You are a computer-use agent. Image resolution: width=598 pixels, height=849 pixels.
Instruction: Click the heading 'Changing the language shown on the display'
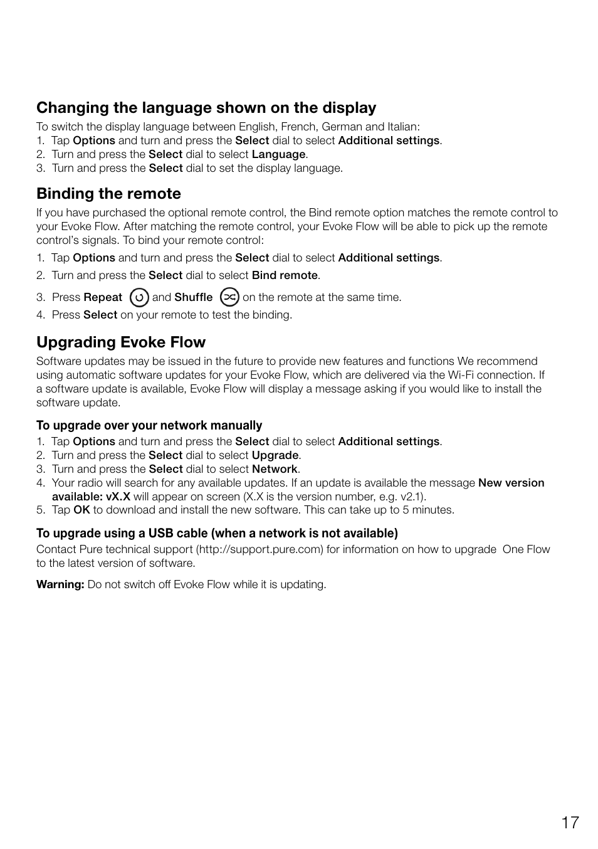(206, 108)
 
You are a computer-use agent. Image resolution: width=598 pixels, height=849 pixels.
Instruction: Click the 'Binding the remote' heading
(108, 194)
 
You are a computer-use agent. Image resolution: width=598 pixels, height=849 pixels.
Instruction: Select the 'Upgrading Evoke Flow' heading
(121, 342)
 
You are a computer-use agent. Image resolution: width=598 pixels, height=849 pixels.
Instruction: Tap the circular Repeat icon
(139, 297)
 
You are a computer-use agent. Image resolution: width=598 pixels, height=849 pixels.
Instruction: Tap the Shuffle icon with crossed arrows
(230, 297)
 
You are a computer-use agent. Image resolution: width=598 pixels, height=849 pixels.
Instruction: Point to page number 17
(570, 823)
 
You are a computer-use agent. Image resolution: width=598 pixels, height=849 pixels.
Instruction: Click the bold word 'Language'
(278, 154)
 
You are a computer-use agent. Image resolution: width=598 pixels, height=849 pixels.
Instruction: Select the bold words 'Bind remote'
(285, 275)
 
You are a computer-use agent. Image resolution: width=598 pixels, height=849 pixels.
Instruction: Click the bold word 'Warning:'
(60, 584)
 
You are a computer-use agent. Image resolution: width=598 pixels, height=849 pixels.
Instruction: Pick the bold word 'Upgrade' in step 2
(275, 455)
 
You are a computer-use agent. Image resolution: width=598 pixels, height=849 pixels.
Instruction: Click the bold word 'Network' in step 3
(275, 469)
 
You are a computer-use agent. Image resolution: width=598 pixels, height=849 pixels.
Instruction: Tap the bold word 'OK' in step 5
(81, 510)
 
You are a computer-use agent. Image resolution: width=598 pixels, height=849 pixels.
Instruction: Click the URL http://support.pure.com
(260, 549)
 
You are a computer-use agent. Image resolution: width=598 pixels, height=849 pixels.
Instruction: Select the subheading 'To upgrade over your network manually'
(149, 426)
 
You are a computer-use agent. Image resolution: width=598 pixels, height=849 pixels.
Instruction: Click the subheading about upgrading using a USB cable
(217, 534)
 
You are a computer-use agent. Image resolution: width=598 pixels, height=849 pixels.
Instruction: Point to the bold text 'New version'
(511, 483)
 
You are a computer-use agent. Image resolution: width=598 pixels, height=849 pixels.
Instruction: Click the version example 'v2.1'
(411, 497)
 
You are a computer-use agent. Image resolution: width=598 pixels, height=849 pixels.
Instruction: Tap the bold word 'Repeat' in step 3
(103, 297)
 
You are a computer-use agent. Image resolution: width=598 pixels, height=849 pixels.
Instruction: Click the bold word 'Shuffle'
(193, 297)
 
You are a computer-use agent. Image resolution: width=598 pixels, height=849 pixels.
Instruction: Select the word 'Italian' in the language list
(402, 127)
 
